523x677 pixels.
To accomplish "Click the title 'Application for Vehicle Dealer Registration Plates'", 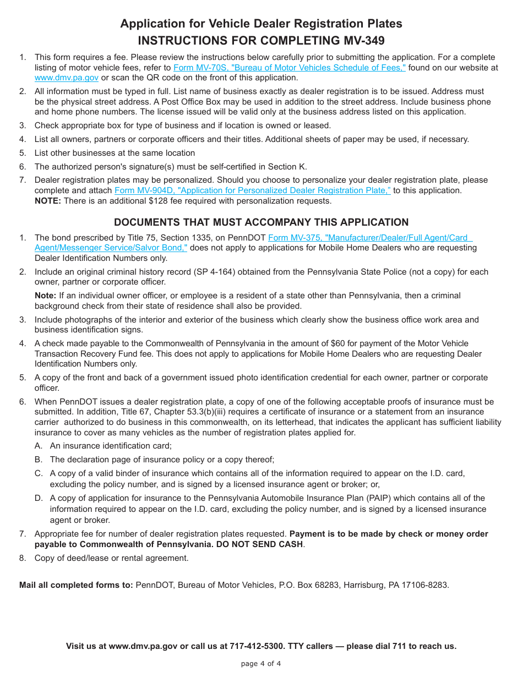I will (261, 24).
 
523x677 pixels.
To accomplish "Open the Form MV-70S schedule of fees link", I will (290, 68).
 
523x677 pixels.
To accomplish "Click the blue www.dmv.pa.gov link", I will (67, 78).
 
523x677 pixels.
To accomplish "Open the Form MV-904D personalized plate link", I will (253, 190).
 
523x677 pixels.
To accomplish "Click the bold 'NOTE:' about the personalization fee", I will (48, 201).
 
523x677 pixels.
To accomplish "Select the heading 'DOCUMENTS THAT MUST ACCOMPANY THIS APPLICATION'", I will (261, 222).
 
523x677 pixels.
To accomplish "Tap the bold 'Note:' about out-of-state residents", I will (46, 296).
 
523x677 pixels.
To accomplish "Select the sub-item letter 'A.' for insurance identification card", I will (39, 446).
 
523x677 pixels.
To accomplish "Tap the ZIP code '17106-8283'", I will (427, 585).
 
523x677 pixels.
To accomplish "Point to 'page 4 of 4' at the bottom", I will (261, 663).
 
